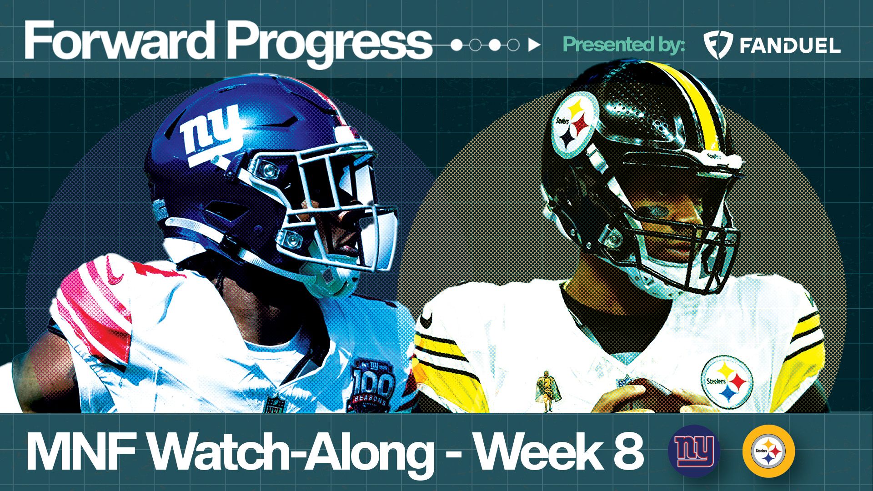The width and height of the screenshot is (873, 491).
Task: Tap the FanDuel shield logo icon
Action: [717, 45]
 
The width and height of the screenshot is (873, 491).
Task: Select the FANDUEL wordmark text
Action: [790, 46]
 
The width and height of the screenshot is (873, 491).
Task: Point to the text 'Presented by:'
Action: [624, 45]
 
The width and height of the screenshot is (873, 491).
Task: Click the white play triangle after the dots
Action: [534, 45]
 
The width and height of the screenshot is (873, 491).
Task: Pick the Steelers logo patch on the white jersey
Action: [727, 382]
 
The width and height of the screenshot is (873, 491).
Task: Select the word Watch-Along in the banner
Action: [291, 452]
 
